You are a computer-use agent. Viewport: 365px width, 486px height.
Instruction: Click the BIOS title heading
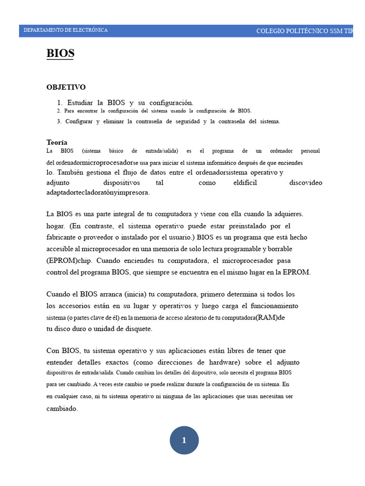point(60,53)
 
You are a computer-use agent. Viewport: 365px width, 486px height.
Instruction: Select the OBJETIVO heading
point(66,87)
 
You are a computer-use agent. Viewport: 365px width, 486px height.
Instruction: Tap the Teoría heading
point(57,142)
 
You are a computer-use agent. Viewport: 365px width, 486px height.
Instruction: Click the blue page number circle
point(184,440)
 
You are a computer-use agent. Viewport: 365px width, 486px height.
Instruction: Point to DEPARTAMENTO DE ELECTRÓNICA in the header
point(66,30)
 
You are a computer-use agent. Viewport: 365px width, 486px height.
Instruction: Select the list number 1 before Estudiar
point(59,103)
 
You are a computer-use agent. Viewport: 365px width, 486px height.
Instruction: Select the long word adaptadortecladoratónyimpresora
point(98,193)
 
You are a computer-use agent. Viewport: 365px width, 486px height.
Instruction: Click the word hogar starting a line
point(56,226)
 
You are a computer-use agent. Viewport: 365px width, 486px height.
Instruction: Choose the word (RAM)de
point(270,318)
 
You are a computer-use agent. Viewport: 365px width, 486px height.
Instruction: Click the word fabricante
point(64,237)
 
